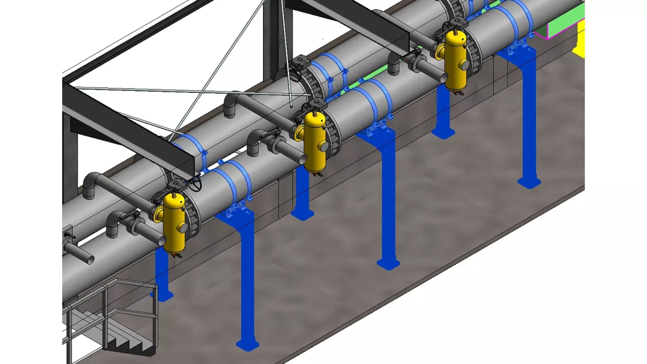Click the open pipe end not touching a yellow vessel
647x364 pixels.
[88, 258]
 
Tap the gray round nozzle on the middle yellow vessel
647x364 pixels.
[324, 147]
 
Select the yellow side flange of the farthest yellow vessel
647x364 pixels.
[440, 51]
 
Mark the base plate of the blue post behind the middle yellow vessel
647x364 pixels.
[302, 215]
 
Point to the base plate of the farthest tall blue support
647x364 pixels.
[529, 181]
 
